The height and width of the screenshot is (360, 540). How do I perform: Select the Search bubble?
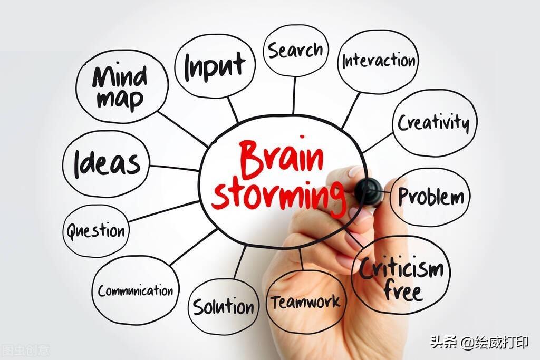pyautogui.click(x=295, y=51)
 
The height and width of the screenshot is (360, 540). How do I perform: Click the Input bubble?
pyautogui.click(x=215, y=65)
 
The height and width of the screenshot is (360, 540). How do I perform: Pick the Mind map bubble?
pyautogui.click(x=121, y=86)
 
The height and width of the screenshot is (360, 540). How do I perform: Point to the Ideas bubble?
pyautogui.click(x=107, y=163)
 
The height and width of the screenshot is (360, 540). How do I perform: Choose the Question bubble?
pyautogui.click(x=95, y=231)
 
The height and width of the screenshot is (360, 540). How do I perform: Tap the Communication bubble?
pyautogui.click(x=135, y=290)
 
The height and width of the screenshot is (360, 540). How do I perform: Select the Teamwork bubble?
pyautogui.click(x=306, y=302)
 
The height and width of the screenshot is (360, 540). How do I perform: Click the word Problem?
pyautogui.click(x=431, y=197)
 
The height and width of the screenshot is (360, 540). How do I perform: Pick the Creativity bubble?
pyautogui.click(x=433, y=123)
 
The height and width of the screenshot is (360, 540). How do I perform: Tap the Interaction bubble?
pyautogui.click(x=378, y=61)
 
